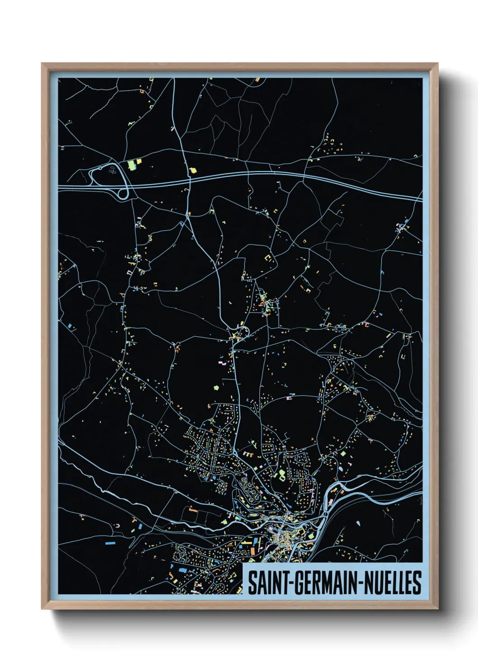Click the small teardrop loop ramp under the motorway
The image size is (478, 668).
(123, 195)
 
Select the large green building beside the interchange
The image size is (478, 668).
(132, 165)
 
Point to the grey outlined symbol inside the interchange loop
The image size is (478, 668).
(112, 170)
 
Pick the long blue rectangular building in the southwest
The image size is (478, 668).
(110, 543)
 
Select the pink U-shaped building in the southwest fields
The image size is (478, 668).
(117, 526)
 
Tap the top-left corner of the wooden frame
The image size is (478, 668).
(42, 64)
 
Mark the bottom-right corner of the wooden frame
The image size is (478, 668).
(437, 609)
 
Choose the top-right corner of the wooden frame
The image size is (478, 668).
(437, 64)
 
